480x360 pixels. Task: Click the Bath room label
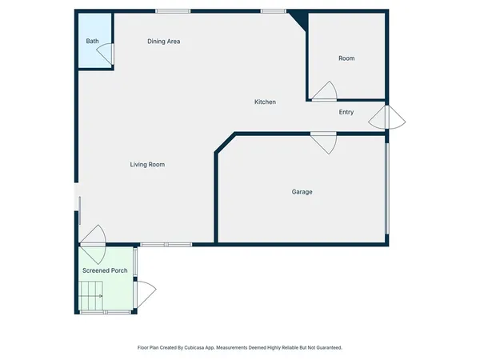pos(93,41)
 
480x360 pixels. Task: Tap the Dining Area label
pos(163,41)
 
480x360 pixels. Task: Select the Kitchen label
pos(265,102)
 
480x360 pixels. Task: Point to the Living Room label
pos(147,165)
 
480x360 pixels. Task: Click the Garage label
pos(302,192)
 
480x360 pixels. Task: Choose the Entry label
pos(346,112)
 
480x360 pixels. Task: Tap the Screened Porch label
pos(105,270)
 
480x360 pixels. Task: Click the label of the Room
pos(346,58)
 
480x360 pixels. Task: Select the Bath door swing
pos(106,53)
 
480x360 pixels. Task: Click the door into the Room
pos(325,93)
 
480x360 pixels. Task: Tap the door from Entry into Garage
pos(324,142)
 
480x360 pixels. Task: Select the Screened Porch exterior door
pos(145,294)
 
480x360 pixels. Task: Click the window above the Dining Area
pos(173,11)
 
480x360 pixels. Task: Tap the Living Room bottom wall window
pos(166,244)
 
